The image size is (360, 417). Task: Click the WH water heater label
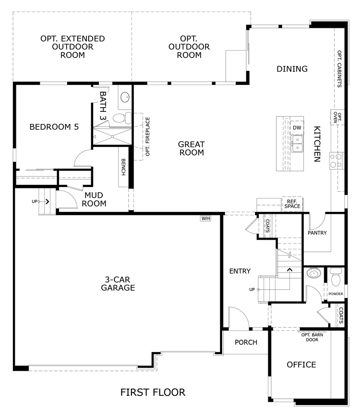205,219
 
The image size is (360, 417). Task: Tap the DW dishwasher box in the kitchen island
297,128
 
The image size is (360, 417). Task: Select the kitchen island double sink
297,143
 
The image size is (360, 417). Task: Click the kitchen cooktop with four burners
336,160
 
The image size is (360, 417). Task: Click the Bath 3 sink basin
125,98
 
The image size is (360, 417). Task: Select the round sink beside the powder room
314,273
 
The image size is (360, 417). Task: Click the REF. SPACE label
292,204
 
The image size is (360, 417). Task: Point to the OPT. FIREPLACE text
148,136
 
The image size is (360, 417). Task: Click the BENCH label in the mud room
123,167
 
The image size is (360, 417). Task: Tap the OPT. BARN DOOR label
312,337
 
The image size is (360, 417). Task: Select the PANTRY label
317,233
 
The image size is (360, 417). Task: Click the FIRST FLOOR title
153,392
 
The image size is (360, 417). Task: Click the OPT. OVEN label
337,117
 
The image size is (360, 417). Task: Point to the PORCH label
246,342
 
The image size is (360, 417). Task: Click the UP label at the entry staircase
252,289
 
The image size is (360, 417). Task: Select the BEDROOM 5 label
54,127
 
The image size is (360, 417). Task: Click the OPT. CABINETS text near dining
339,69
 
